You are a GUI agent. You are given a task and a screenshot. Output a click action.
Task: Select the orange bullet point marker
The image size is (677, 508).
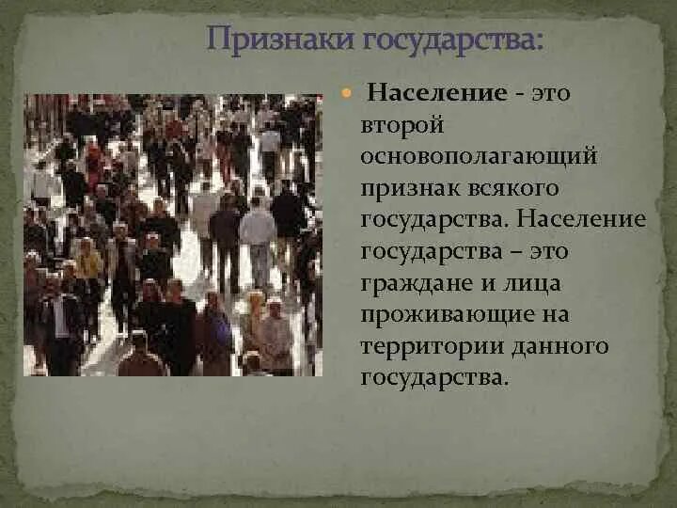[345, 95]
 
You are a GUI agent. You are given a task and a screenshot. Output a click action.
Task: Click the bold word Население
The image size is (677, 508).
[438, 94]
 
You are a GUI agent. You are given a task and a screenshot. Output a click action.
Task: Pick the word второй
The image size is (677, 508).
[395, 126]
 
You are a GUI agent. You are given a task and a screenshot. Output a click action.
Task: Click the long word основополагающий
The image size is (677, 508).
[479, 157]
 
